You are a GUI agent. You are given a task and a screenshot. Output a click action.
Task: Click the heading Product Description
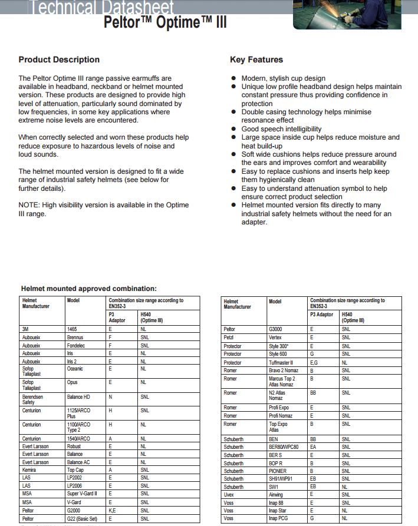[59, 59]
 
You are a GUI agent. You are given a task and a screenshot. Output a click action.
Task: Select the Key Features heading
[256, 59]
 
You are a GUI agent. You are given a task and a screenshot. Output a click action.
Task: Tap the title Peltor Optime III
[164, 22]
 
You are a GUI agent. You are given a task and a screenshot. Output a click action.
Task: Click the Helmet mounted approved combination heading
[89, 289]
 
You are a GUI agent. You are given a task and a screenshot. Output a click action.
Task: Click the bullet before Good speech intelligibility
[235, 129]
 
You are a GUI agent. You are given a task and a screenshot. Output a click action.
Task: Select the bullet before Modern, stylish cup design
[235, 78]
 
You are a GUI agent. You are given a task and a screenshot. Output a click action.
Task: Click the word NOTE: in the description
[30, 205]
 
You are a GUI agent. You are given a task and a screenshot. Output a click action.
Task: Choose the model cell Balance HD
[79, 397]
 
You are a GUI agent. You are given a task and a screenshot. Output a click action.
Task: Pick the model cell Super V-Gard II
[82, 494]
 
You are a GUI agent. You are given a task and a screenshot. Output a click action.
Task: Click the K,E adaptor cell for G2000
[114, 510]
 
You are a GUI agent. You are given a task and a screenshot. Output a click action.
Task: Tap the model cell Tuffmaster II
[281, 363]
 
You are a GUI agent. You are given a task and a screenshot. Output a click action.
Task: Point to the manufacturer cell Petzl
[229, 338]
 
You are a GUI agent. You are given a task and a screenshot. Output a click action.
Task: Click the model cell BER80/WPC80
[284, 447]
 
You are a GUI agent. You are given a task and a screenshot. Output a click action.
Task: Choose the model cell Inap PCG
[278, 518]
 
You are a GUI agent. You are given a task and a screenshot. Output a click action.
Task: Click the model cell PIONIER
[278, 471]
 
